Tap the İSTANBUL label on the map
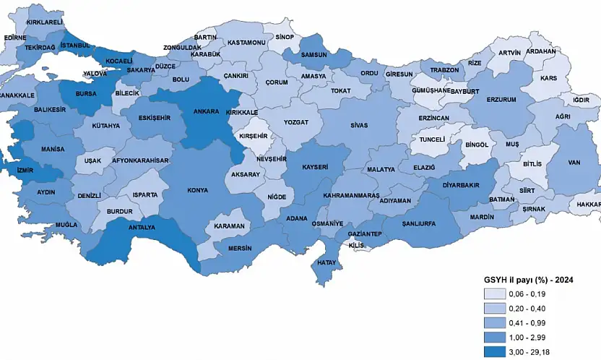click(75, 46)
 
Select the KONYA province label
click(197, 190)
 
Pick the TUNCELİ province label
click(432, 139)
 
